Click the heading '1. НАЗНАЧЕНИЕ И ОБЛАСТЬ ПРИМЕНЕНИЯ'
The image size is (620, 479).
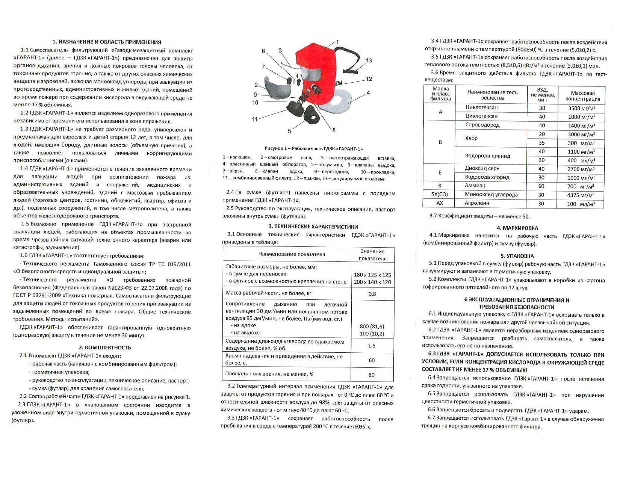[107, 42]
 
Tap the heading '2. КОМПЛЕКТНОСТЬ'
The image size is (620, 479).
[105, 348]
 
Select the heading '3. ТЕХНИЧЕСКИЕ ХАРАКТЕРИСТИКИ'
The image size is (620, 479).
[313, 227]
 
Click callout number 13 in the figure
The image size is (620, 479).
[368, 60]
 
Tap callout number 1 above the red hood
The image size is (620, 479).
[337, 42]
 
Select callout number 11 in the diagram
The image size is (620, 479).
[255, 119]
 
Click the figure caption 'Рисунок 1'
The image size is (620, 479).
[314, 149]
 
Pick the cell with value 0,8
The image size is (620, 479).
[372, 294]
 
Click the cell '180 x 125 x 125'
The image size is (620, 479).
[372, 275]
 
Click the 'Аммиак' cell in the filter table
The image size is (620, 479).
[475, 186]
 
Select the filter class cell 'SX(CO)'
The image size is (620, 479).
[440, 195]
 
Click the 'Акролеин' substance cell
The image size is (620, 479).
[477, 203]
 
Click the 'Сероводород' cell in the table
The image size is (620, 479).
[482, 125]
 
